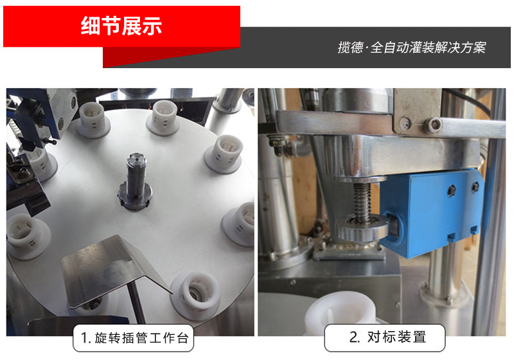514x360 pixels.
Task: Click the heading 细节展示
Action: [121, 26]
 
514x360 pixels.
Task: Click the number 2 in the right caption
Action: [353, 337]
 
